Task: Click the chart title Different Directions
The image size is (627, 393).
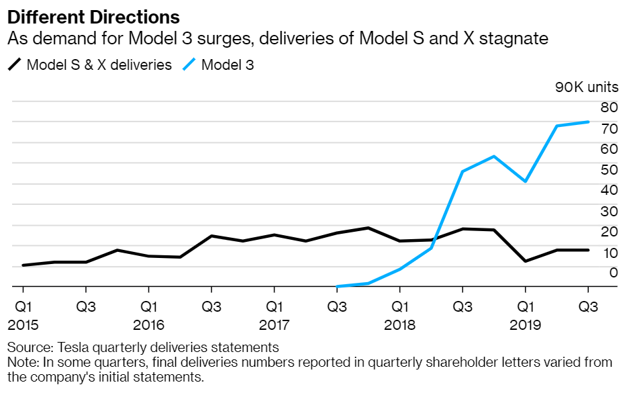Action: coord(93,16)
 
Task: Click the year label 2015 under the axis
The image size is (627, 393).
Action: coord(23,325)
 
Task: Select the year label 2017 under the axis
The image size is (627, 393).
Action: coord(274,325)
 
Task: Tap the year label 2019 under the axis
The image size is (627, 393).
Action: coord(525,325)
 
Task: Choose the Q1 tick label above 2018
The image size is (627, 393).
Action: coord(399,306)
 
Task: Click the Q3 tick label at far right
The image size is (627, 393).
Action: coord(589,306)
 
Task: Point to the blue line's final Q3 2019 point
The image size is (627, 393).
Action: coord(589,122)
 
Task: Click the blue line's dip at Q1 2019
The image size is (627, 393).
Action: coord(526,181)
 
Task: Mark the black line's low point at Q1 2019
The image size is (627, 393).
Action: coord(526,261)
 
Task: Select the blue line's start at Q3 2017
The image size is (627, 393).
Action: coord(337,287)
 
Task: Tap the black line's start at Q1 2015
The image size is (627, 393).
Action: coord(23,265)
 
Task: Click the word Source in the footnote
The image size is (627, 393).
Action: coord(28,348)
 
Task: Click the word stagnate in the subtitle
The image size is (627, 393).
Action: coord(520,39)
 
